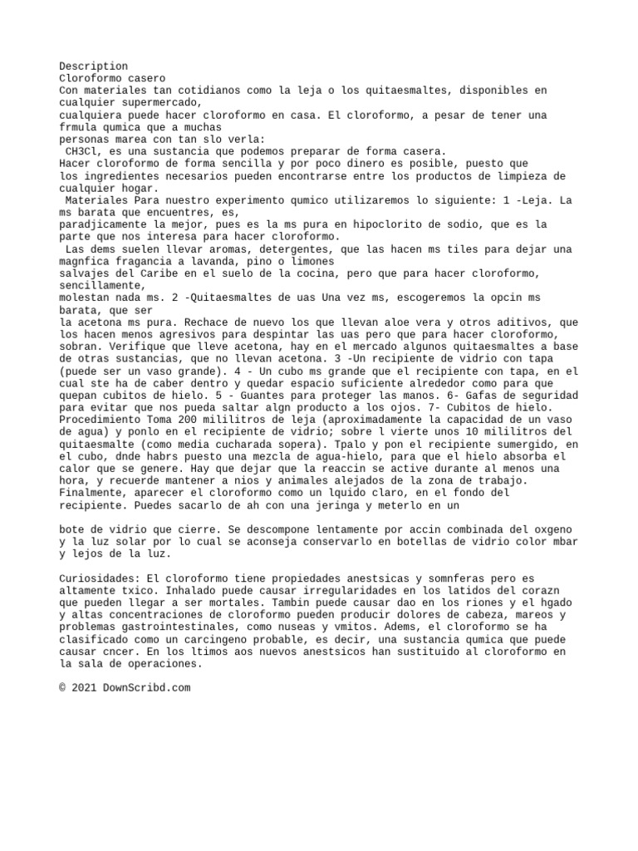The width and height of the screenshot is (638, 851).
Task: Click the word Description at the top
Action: [94, 66]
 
